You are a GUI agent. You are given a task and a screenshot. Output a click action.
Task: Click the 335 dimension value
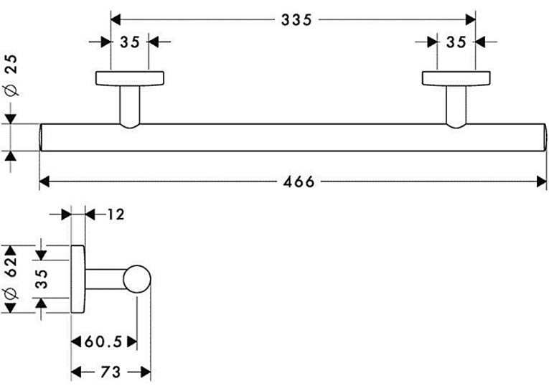coord(296,20)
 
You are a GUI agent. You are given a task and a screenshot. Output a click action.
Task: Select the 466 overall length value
coord(299,182)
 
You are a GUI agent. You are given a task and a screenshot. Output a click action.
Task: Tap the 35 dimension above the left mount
coord(130,42)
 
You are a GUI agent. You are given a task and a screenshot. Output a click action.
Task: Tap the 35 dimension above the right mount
coord(456,42)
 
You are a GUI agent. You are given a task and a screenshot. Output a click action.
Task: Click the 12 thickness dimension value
coord(116,215)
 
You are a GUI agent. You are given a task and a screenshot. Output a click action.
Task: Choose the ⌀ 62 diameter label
coord(11,278)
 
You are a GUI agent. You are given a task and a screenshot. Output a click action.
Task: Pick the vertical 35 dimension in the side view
coord(42,278)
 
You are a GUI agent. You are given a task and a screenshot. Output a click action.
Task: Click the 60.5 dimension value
coord(103,341)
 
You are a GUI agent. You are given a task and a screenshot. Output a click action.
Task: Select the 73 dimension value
coord(111,372)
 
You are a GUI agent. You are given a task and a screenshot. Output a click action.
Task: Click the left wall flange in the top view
coord(130,78)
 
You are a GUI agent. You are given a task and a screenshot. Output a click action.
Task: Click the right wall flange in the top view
coord(456,78)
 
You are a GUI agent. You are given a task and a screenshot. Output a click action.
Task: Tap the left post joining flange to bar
coord(130,106)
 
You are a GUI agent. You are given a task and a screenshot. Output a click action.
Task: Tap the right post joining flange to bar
coord(456,106)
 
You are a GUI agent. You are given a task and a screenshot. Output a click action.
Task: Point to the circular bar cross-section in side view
coord(137,279)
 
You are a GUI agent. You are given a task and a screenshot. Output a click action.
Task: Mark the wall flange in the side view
coord(78,279)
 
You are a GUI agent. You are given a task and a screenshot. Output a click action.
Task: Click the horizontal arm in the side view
coord(105,279)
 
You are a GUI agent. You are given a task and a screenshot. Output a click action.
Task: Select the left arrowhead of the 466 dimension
coord(44,182)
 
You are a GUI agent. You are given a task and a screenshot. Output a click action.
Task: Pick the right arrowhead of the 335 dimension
coord(471,20)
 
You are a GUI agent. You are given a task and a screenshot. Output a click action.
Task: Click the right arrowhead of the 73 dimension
coord(146,372)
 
